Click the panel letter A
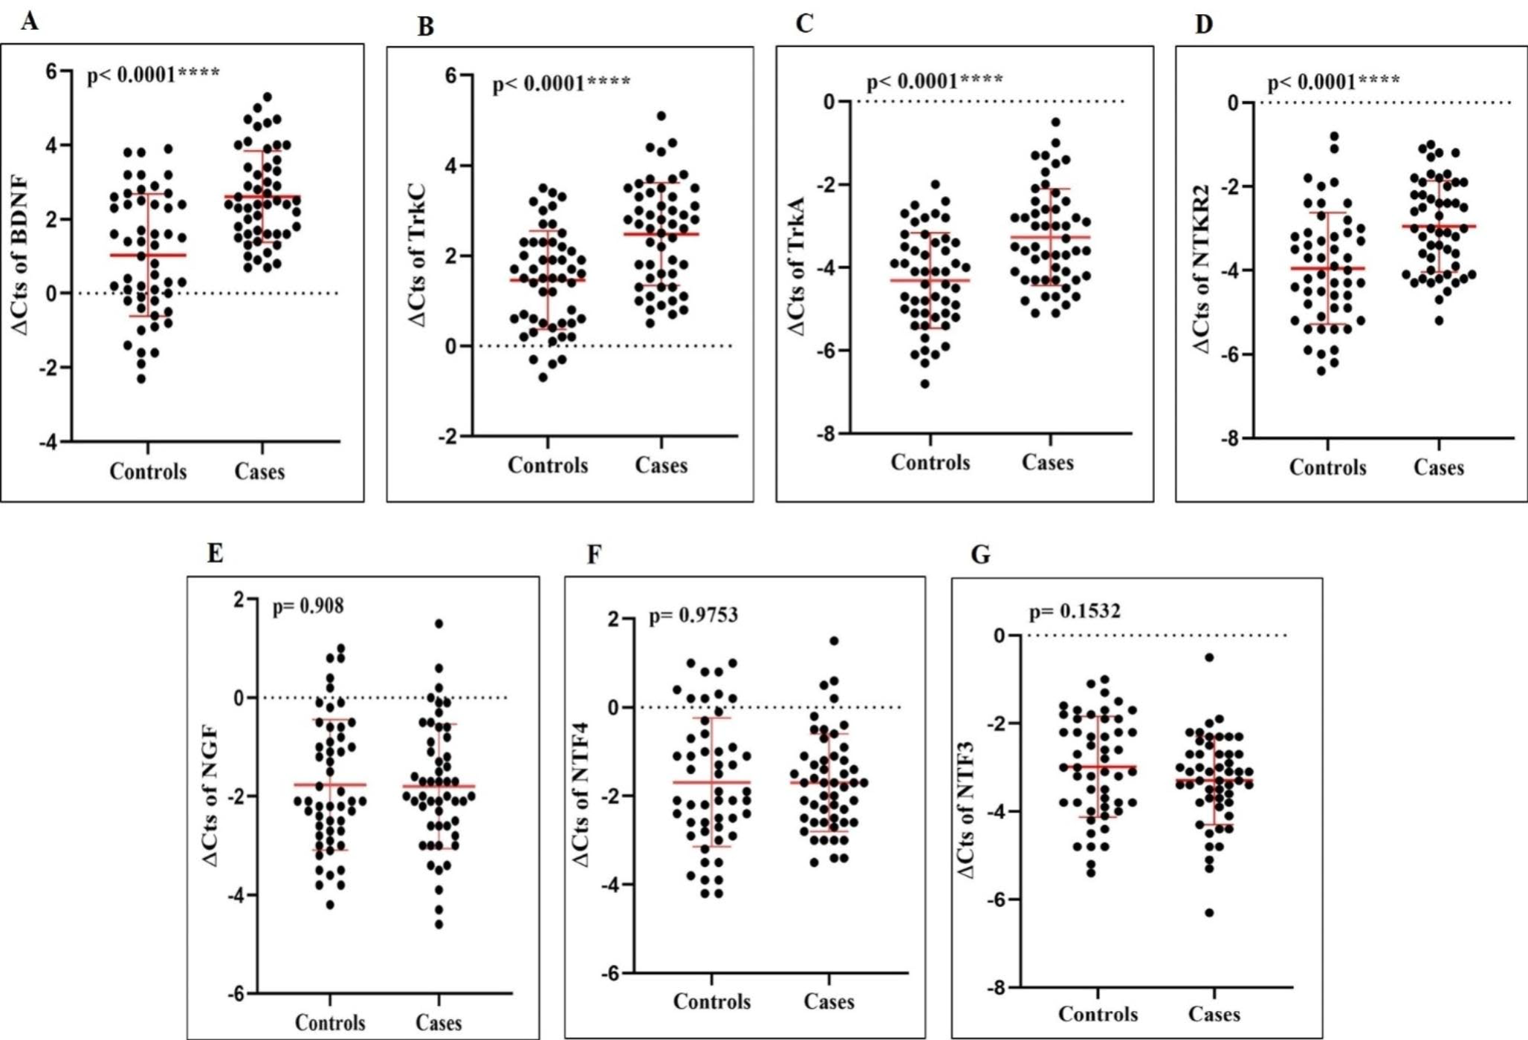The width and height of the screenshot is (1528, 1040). [29, 20]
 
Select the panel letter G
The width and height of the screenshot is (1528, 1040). [980, 554]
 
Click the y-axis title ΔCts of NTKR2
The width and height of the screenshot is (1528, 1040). [1201, 268]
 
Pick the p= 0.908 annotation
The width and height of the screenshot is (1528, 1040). [308, 606]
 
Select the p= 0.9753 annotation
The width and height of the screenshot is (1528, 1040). [693, 615]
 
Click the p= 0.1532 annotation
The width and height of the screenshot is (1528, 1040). [1074, 611]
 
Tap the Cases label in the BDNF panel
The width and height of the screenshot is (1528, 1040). [259, 471]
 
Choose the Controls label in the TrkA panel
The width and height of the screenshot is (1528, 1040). [930, 462]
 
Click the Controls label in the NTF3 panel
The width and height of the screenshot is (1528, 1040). [1097, 1014]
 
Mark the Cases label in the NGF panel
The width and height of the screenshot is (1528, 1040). [438, 1023]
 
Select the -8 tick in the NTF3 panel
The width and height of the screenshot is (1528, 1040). [996, 987]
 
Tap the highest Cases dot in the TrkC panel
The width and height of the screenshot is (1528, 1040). [661, 116]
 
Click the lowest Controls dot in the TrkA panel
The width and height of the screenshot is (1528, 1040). [925, 384]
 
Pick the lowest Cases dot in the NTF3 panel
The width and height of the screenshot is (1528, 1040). [1209, 913]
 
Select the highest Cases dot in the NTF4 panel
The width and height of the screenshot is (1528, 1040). [834, 641]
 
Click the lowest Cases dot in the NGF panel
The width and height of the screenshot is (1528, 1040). [438, 925]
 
